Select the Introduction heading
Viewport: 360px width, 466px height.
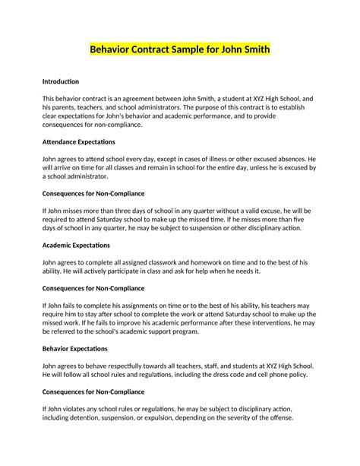61,81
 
